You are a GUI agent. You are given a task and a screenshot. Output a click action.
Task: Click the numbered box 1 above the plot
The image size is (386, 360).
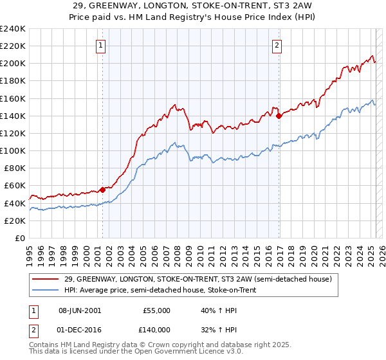click(x=102, y=45)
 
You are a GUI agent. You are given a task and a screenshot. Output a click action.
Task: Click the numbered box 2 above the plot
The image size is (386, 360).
click(x=277, y=45)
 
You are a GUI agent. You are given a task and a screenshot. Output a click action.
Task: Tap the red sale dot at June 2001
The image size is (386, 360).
click(x=102, y=190)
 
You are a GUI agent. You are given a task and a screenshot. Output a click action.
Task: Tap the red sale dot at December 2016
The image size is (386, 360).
click(x=279, y=116)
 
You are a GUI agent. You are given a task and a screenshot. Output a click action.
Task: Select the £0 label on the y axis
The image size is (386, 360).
click(x=19, y=238)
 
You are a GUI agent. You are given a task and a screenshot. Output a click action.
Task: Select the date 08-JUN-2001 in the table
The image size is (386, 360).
click(x=80, y=310)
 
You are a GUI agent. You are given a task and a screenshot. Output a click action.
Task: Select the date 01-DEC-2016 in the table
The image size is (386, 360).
click(x=80, y=328)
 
